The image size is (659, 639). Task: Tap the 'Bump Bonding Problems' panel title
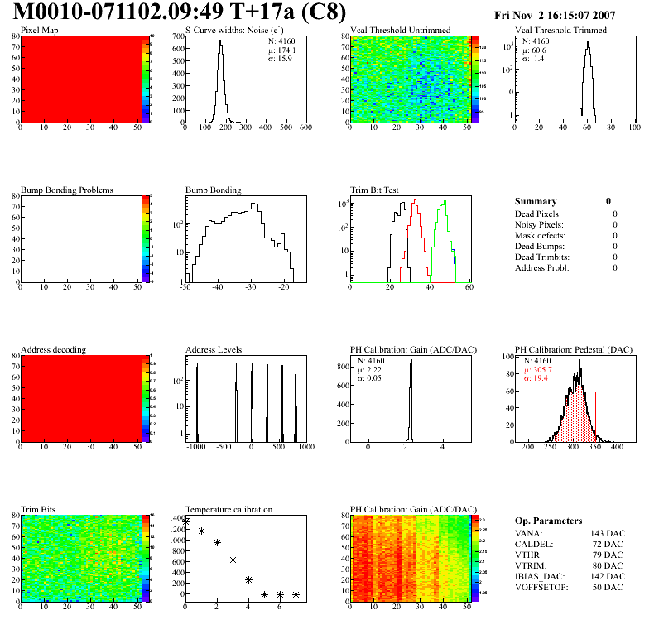66,190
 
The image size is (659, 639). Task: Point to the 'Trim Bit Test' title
374,190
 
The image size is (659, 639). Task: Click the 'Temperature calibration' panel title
228,509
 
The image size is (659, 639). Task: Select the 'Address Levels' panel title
214,349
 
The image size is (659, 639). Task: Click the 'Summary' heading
536,201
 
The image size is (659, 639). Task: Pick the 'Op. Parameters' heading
548,521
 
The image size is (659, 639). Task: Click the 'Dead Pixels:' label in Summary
538,214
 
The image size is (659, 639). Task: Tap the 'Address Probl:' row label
543,268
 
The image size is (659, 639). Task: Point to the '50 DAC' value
608,587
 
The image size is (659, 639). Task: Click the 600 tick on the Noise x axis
305,127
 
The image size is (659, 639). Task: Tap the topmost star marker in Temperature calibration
185,521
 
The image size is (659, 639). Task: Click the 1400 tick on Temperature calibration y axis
175,518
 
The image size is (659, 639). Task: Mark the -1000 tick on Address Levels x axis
196,447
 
